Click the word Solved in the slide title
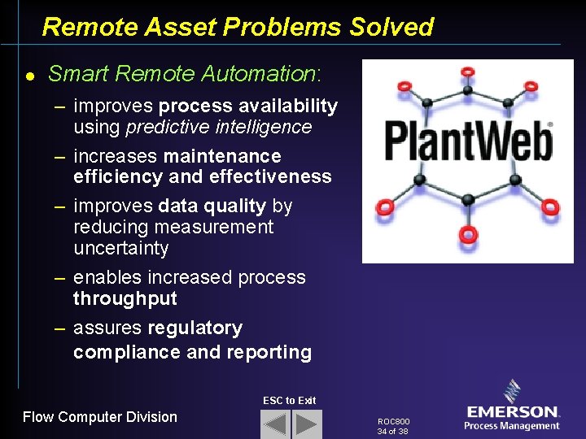391,27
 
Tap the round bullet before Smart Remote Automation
29,76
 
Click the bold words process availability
248,106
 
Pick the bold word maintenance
222,156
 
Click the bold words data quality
214,206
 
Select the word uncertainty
120,248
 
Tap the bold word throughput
125,298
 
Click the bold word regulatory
195,328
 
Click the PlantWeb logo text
467,141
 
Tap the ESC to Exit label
289,400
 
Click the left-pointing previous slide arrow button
275,424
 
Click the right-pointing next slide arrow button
307,424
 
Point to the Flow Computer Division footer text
99,417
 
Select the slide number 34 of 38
392,432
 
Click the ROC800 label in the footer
394,422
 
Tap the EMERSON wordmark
512,412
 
